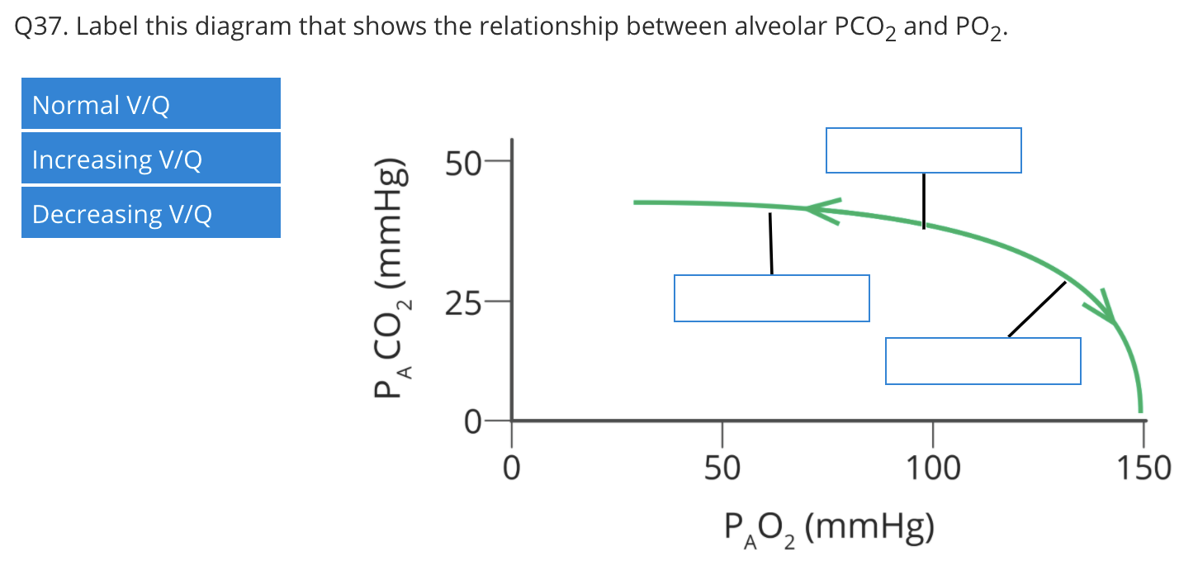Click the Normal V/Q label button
[x=150, y=104]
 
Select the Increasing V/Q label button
[x=150, y=159]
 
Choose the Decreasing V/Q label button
[x=150, y=213]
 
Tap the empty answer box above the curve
[x=923, y=150]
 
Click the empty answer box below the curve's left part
[x=771, y=297]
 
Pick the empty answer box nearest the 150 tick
[x=982, y=360]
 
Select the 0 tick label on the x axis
[x=512, y=469]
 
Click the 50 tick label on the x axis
[x=722, y=469]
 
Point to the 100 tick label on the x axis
[x=933, y=469]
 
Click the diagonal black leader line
[x=1037, y=309]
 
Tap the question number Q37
[x=40, y=28]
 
